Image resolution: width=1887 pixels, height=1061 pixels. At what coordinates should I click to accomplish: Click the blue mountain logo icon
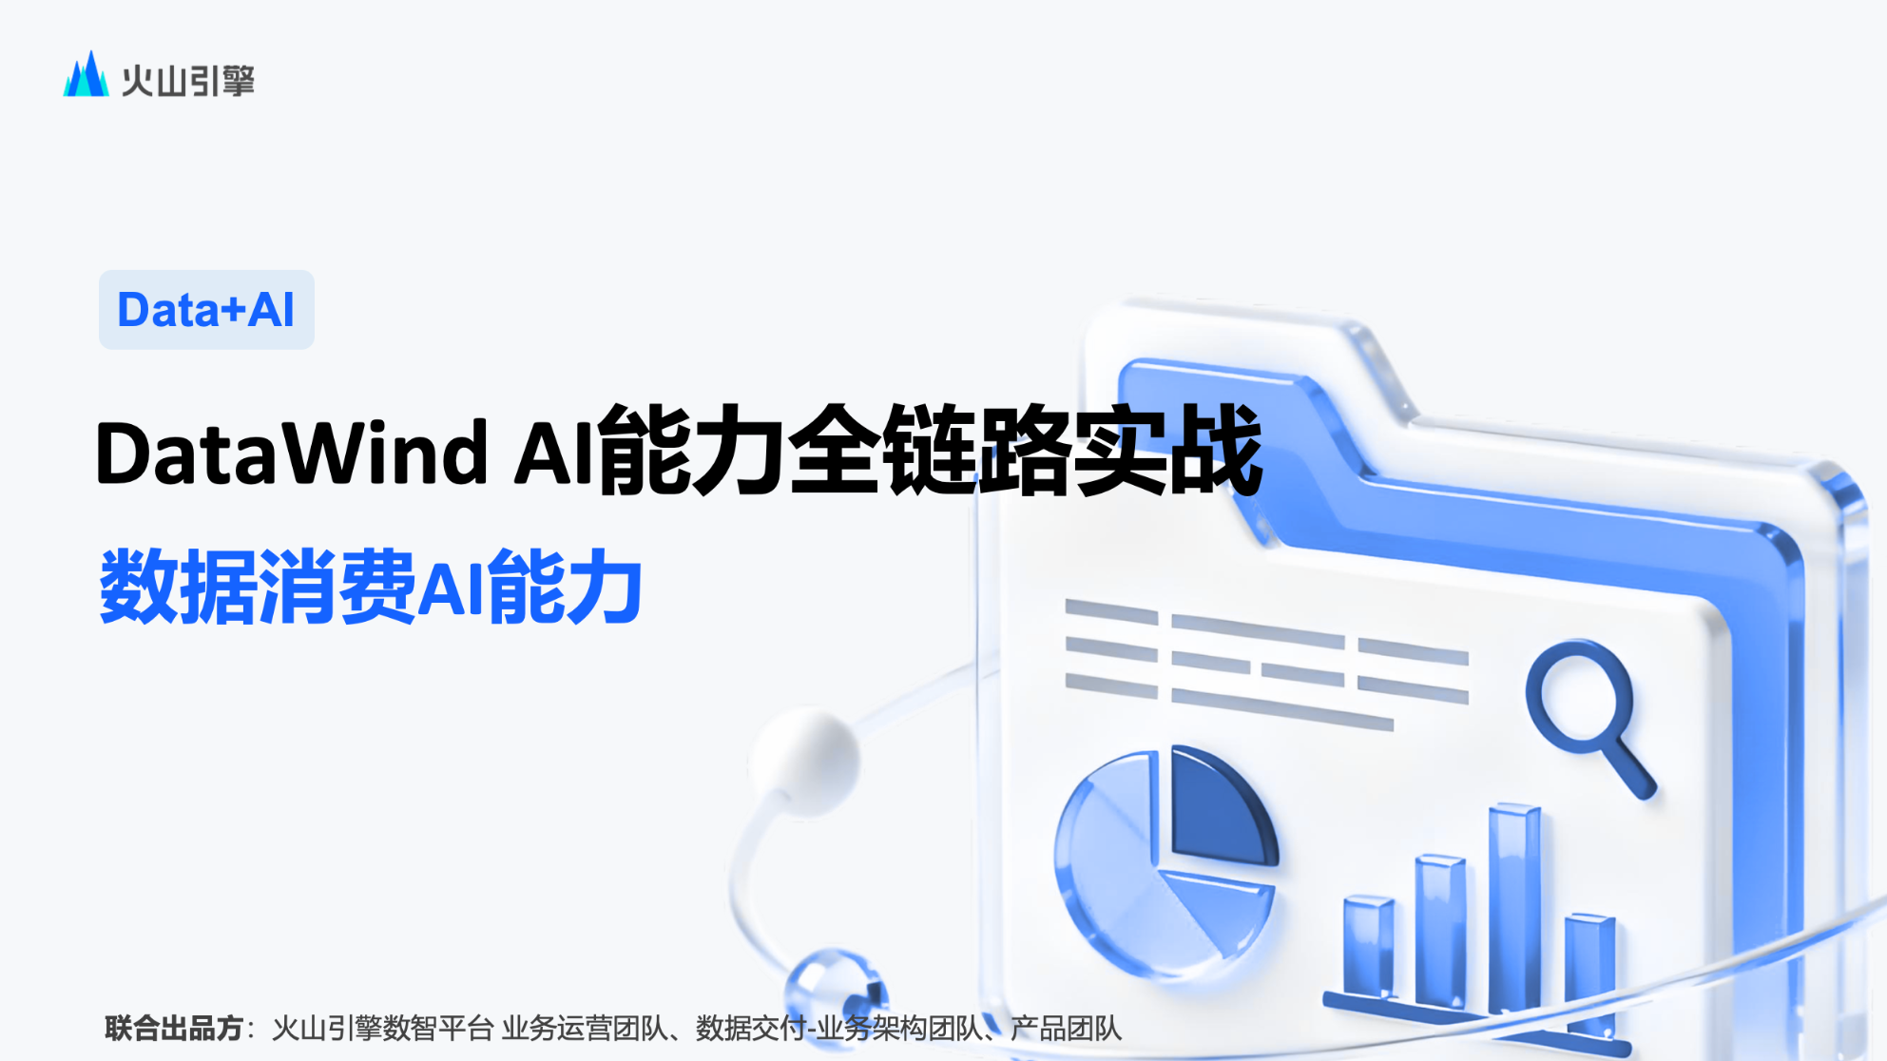86,74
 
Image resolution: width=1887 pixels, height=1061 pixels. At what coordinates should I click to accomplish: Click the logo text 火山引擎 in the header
188,81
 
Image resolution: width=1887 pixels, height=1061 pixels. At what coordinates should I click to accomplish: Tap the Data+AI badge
206,310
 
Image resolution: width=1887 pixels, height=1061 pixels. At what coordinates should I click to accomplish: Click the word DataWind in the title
292,453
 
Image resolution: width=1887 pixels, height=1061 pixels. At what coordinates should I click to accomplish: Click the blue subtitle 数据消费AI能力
371,587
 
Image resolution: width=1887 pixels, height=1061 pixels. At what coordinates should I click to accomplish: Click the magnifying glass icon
1589,716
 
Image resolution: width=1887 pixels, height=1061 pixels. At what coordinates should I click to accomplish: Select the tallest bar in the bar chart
1513,908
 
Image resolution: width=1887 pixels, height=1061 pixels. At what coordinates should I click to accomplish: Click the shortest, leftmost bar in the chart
1369,946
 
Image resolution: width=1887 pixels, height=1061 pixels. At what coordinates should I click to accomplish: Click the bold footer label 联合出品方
174,1028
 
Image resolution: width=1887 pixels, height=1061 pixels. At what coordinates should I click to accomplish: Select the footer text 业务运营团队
585,1028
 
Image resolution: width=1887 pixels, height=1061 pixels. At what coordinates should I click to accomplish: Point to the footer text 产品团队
1066,1028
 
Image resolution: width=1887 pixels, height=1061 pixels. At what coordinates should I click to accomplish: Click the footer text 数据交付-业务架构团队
839,1028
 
